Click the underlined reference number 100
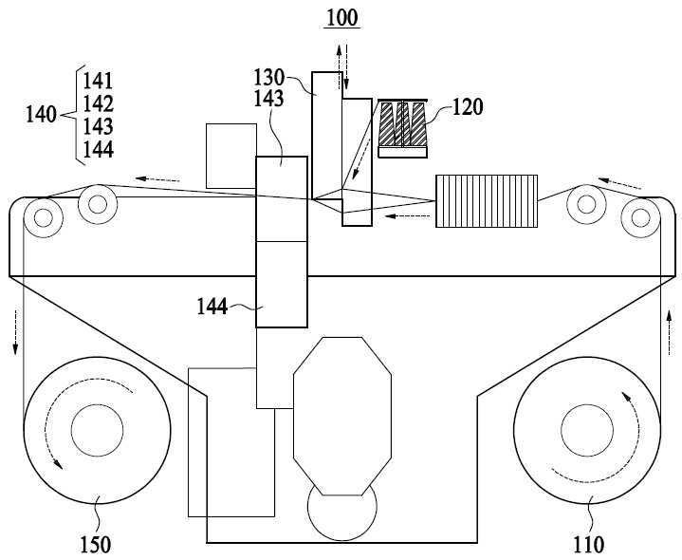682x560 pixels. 342,18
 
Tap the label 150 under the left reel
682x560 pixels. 96,544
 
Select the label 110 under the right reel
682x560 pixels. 589,544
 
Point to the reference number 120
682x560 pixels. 468,106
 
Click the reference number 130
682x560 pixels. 268,78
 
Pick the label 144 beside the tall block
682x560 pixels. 212,307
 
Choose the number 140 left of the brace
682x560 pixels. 42,115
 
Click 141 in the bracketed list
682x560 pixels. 99,81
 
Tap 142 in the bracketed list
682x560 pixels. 99,103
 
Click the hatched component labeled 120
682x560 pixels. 403,128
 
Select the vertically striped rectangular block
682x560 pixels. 487,201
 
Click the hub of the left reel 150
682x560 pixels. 97,430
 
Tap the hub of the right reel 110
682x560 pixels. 587,430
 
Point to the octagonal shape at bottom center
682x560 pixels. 342,416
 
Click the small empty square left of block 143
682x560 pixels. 230,157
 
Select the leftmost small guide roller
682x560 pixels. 43,217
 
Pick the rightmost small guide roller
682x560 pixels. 640,217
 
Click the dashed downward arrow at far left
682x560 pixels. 16,331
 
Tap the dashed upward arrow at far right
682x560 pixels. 670,332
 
